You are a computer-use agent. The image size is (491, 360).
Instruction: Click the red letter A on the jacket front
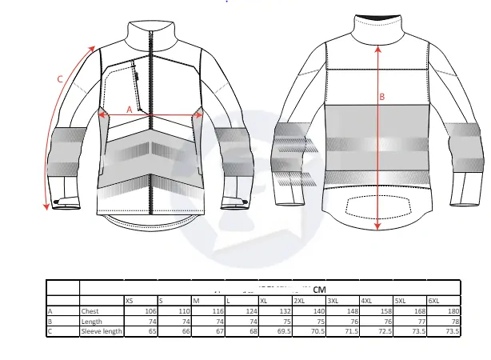point(129,108)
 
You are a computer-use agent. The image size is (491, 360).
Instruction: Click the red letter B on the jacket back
point(381,97)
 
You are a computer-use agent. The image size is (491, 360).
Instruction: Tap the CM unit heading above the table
point(319,289)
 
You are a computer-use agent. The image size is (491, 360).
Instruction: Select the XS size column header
point(129,300)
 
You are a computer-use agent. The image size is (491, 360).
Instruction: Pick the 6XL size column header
point(434,300)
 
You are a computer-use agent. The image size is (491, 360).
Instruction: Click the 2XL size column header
point(300,300)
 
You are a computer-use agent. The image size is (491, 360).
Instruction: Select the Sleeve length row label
point(101,330)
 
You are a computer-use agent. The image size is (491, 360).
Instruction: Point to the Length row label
point(91,321)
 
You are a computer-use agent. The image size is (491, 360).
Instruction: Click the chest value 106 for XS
point(150,310)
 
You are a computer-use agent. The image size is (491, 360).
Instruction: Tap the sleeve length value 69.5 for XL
point(283,330)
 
